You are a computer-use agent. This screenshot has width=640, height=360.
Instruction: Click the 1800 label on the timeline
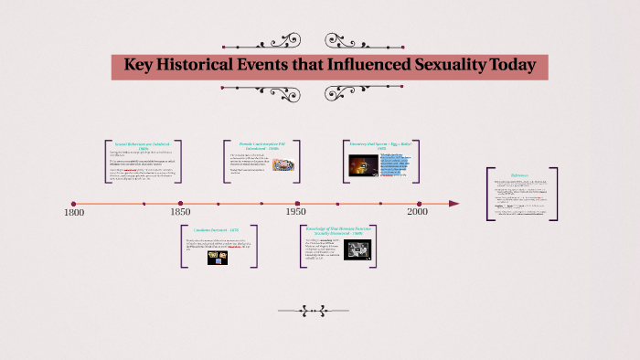(x=74, y=213)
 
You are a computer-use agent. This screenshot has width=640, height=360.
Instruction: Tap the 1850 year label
(x=180, y=213)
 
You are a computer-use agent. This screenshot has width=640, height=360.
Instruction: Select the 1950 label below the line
(x=296, y=213)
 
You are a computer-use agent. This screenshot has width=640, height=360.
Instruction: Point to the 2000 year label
(x=418, y=213)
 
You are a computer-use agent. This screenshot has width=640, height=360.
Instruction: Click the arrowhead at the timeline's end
(x=454, y=203)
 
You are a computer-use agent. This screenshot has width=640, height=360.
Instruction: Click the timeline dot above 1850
(x=180, y=203)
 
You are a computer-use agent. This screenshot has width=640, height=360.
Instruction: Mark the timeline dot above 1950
(x=297, y=203)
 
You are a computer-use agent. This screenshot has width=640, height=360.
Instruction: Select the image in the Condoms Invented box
(x=218, y=256)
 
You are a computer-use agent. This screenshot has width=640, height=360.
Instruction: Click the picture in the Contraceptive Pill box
(x=283, y=165)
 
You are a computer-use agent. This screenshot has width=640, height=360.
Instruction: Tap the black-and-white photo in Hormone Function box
(x=357, y=250)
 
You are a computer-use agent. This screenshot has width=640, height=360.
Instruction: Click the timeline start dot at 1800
(x=74, y=203)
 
